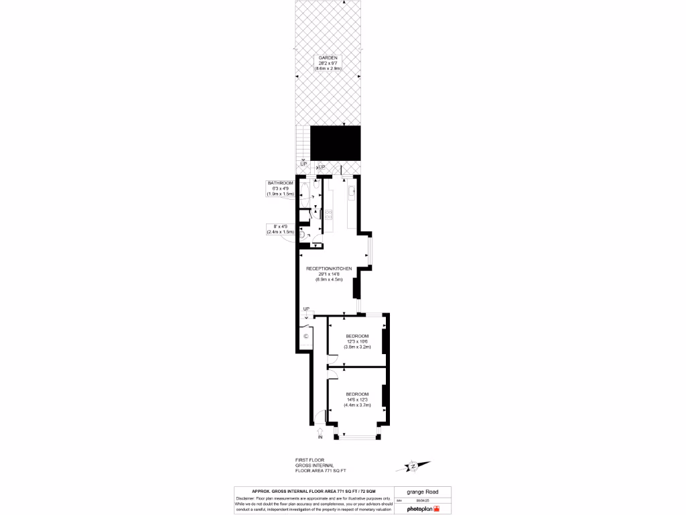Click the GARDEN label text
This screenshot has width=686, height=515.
click(x=328, y=58)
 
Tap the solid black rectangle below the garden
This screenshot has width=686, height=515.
click(x=335, y=144)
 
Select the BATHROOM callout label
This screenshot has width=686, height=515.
click(x=281, y=183)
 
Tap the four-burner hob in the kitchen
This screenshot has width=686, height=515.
click(x=329, y=215)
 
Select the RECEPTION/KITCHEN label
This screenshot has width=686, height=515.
click(x=329, y=268)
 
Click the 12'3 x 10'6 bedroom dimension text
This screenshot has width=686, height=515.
click(x=357, y=341)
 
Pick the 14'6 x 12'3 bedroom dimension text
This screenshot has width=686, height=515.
click(x=357, y=399)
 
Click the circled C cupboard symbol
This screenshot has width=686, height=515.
click(x=305, y=336)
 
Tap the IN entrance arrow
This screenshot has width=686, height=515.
click(x=320, y=433)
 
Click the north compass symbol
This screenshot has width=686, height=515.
click(x=413, y=465)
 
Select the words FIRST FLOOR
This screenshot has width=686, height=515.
click(x=309, y=460)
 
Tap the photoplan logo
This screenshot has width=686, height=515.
click(x=423, y=509)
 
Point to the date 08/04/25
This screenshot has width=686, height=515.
click(x=424, y=500)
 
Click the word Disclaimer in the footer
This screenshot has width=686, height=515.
click(x=249, y=500)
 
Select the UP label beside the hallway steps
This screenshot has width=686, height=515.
click(x=306, y=309)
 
